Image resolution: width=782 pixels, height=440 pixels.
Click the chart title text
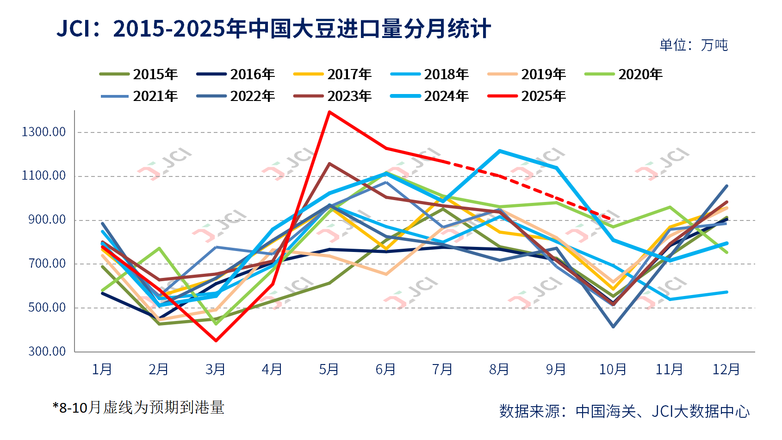point(273,29)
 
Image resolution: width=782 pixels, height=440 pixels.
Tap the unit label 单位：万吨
point(693,45)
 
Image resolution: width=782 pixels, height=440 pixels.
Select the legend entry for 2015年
point(139,74)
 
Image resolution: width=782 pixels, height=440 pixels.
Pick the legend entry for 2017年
point(333,74)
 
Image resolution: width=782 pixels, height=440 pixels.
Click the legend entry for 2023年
point(333,96)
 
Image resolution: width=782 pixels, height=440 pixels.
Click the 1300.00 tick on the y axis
point(43,132)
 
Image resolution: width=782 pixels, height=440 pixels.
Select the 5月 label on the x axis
point(329,369)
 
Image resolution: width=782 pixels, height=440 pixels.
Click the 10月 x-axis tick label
point(613,369)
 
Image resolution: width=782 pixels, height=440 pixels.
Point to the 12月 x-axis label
point(726,369)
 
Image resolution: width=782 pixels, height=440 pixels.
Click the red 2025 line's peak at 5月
point(329,112)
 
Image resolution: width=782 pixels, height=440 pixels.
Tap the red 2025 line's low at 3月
point(216,341)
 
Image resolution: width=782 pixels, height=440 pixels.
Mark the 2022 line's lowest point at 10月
point(613,327)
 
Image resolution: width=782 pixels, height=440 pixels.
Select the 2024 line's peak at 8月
point(500,151)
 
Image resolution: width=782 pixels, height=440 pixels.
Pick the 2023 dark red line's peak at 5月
point(329,163)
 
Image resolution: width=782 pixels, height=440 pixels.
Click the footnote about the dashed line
point(138,408)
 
